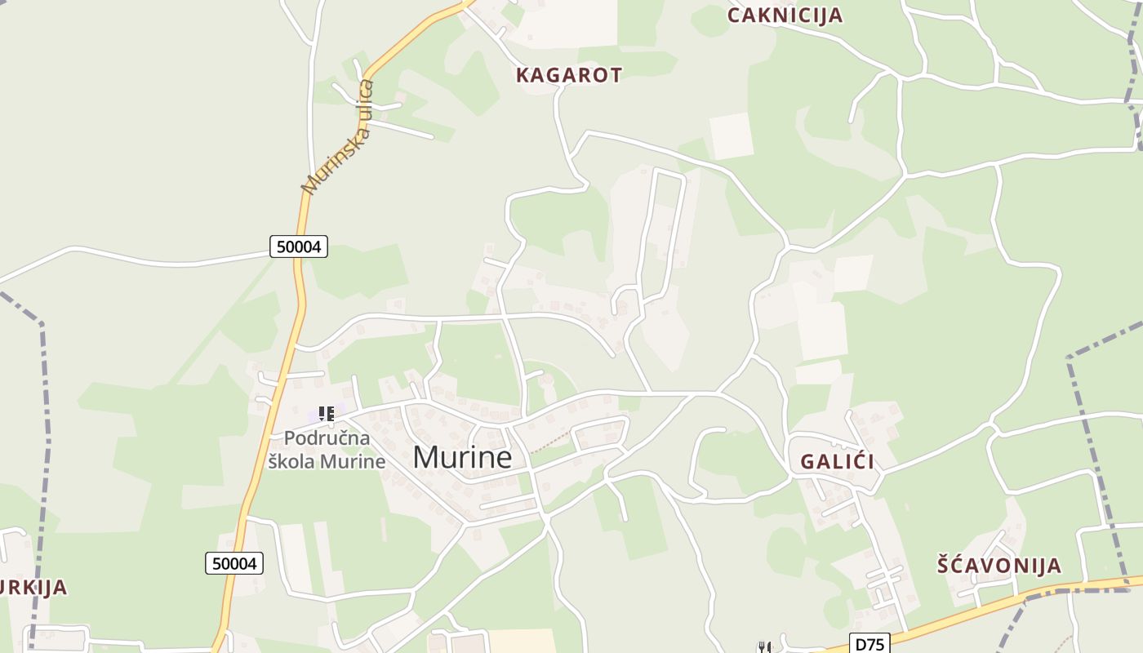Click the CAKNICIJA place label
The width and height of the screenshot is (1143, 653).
click(785, 15)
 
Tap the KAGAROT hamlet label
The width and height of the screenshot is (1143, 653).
click(568, 75)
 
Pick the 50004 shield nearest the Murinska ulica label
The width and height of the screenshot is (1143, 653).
click(299, 247)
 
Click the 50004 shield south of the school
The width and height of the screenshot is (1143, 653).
click(234, 563)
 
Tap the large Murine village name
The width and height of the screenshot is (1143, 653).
click(462, 457)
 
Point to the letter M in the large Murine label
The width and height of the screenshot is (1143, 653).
click(425, 457)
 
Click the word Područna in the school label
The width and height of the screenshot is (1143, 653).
click(316, 438)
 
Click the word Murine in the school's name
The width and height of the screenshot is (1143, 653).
click(352, 461)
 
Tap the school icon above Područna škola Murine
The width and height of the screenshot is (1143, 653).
click(327, 414)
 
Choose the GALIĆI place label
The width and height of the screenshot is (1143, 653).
click(837, 461)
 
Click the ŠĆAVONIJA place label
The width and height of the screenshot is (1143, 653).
click(998, 565)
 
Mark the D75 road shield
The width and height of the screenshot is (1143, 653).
click(869, 644)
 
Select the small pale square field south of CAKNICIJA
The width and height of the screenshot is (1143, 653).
click(731, 135)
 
